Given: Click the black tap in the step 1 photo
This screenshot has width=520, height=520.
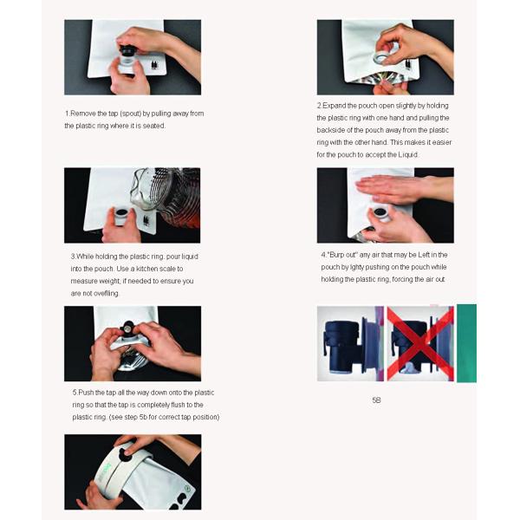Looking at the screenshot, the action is (x=128, y=51).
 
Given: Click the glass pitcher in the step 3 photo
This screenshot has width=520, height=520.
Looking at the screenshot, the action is (x=166, y=197).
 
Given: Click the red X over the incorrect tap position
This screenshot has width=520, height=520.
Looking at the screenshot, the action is (x=420, y=343).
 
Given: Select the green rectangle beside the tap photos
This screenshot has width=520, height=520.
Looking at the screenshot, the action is (x=466, y=343).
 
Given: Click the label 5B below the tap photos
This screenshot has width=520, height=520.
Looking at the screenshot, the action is (x=376, y=400).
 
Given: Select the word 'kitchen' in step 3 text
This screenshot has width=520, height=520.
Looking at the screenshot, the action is (x=147, y=269).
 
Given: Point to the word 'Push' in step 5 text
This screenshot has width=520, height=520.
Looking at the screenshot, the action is (x=86, y=393).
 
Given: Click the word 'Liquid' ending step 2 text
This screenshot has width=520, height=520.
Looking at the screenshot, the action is (x=407, y=154).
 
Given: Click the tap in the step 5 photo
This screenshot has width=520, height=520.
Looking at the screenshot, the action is (x=127, y=328).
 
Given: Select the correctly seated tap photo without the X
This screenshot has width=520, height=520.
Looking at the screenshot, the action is (x=350, y=343).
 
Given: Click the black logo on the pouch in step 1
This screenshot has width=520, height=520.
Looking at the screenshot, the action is (x=154, y=65).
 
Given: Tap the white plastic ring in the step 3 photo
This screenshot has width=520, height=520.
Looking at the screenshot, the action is (x=121, y=216).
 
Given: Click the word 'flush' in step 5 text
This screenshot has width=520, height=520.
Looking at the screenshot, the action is (x=178, y=405).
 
